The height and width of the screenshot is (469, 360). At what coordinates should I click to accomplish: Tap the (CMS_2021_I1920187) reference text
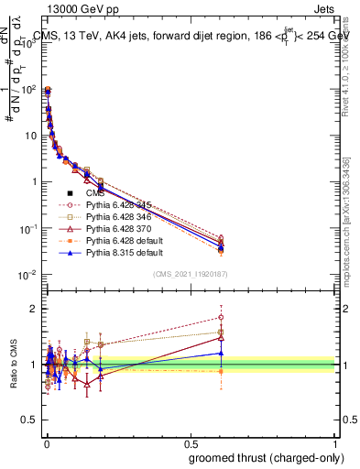191,274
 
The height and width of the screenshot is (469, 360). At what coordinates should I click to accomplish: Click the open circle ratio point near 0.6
220,317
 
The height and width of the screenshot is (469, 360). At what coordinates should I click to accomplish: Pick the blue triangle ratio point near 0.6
220,353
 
